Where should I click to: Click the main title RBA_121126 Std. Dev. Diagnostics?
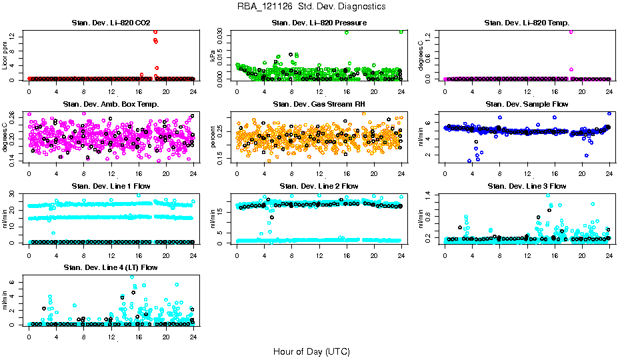coord(311,7)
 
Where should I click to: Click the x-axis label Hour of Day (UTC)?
coord(311,351)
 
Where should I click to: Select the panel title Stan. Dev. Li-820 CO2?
coord(111,23)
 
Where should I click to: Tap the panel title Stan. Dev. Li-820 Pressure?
coord(319,23)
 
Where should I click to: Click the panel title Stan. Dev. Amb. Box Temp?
coord(111,105)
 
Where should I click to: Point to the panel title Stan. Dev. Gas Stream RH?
coord(319,105)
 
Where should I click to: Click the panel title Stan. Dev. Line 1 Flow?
coord(111,186)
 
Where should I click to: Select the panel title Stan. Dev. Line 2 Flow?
coord(319,186)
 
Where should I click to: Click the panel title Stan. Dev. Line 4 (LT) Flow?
coord(111,267)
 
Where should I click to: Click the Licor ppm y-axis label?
coord(5,56)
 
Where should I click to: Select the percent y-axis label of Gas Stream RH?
coord(213,137)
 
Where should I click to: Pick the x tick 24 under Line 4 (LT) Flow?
coord(193,337)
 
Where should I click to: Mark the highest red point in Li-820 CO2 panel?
coord(155,31)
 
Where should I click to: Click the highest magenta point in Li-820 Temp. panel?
coord(571,31)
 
